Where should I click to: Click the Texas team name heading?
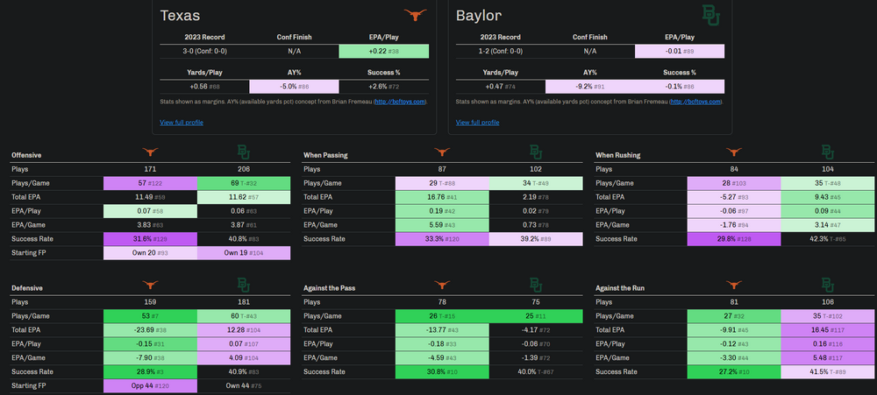(x=181, y=15)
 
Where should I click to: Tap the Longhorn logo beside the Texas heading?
(x=416, y=15)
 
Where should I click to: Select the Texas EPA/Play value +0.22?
(x=383, y=52)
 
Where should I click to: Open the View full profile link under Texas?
(x=182, y=122)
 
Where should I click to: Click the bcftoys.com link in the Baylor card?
(x=697, y=102)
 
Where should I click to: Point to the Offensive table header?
(x=26, y=155)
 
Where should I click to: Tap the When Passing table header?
(x=325, y=155)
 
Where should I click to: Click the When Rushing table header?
(x=617, y=155)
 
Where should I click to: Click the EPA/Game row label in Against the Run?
(x=615, y=356)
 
